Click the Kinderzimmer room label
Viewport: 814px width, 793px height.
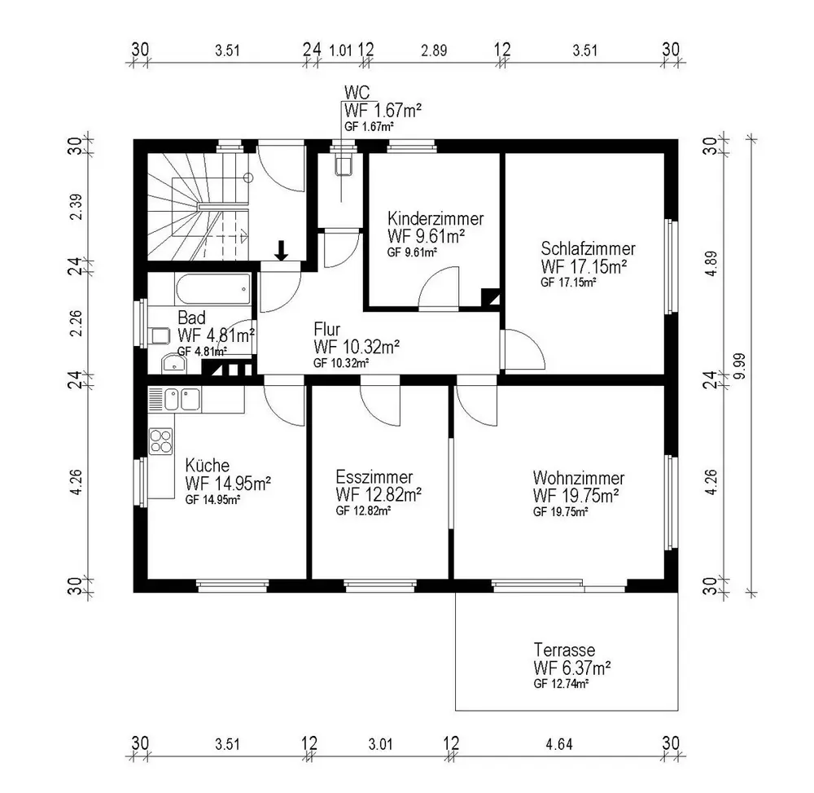[435, 219]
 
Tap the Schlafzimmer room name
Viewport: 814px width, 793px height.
[589, 248]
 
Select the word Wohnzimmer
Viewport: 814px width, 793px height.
[578, 478]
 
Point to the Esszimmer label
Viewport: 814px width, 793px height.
[374, 477]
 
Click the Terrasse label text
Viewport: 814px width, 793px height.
[564, 650]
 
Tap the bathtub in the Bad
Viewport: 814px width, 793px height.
[212, 289]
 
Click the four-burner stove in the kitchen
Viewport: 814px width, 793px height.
[160, 441]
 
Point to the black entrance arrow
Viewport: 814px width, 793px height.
[282, 250]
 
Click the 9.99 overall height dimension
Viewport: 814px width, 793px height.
[739, 366]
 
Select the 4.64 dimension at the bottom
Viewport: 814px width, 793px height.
[559, 745]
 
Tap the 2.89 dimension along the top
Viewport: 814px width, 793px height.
[434, 50]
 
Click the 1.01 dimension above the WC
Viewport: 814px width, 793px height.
[340, 50]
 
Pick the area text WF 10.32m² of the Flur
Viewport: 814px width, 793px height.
[357, 346]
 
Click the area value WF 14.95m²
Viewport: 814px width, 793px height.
[228, 484]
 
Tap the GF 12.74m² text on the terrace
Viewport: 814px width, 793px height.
[561, 684]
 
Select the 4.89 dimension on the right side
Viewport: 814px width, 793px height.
[711, 263]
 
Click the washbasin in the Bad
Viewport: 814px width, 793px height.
[174, 363]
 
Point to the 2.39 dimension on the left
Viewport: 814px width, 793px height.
[76, 207]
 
